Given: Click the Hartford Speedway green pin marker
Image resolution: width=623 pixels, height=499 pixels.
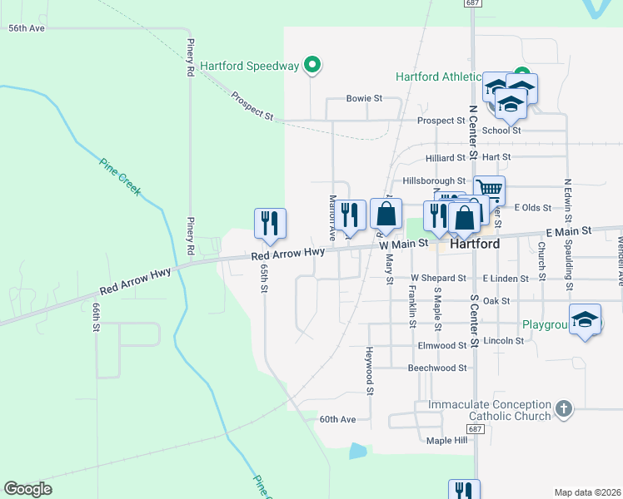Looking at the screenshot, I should tap(312, 64).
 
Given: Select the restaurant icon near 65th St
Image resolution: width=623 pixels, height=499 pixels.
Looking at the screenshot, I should tap(270, 223).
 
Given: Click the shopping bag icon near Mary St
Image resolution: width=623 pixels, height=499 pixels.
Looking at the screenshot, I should tap(386, 214).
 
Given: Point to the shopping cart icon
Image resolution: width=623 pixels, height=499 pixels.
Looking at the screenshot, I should tap(489, 190).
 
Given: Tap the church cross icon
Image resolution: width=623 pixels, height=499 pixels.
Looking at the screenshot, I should tap(564, 408).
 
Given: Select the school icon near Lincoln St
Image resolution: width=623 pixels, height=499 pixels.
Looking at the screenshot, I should tap(586, 320).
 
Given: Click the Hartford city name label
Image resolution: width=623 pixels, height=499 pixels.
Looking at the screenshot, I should tap(475, 245).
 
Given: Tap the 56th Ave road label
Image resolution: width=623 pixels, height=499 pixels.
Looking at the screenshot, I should tap(26, 28).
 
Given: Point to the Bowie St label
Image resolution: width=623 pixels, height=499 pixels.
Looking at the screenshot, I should tap(364, 98).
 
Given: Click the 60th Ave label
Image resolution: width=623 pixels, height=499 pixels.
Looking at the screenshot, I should tap(337, 419).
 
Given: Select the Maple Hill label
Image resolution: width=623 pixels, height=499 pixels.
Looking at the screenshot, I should tap(449, 440).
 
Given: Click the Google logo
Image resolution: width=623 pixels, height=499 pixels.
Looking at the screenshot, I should tap(27, 489).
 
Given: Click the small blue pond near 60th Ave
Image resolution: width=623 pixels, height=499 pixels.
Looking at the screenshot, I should tap(357, 451).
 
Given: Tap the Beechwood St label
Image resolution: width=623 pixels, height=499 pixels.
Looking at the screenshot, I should tap(439, 368).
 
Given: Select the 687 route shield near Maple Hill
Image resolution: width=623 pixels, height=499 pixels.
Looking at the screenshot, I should tap(475, 428).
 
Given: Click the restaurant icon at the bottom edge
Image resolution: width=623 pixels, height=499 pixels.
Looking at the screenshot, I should tap(464, 490).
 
